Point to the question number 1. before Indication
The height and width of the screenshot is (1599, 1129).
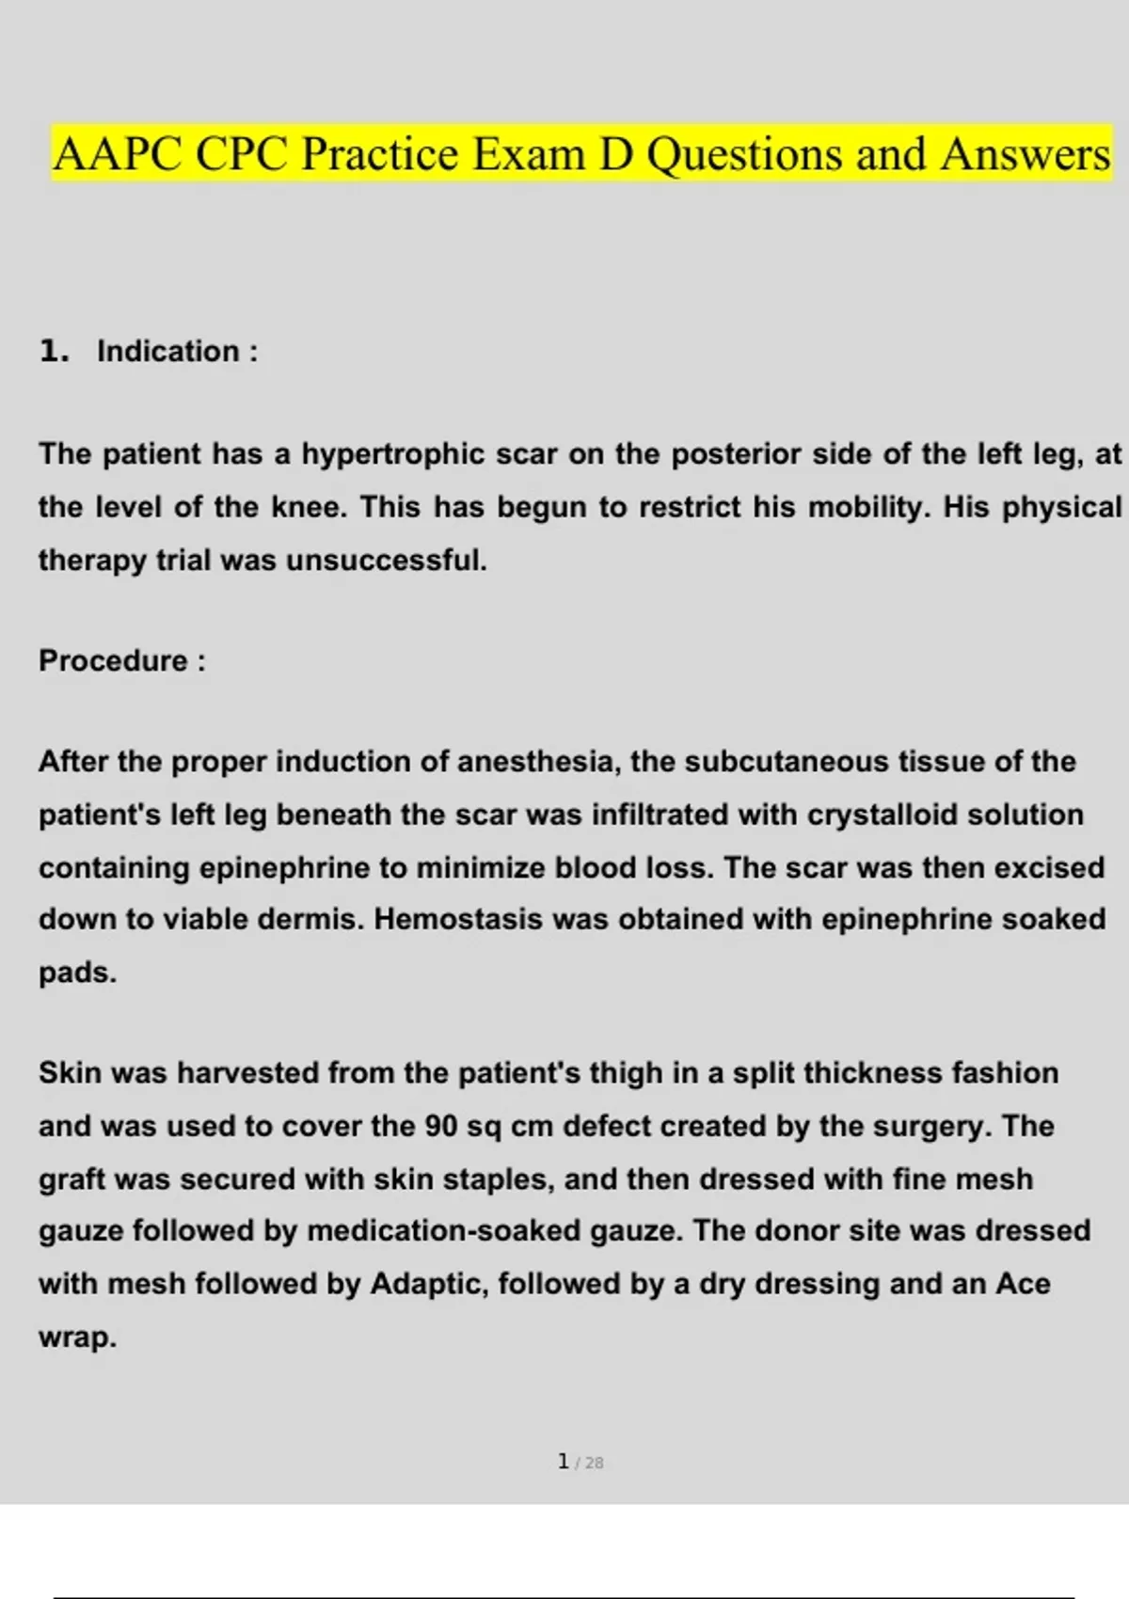[x=55, y=352]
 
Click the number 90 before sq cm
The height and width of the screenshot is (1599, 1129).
[x=441, y=1126]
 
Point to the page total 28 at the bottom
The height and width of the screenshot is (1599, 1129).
[x=594, y=1464]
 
